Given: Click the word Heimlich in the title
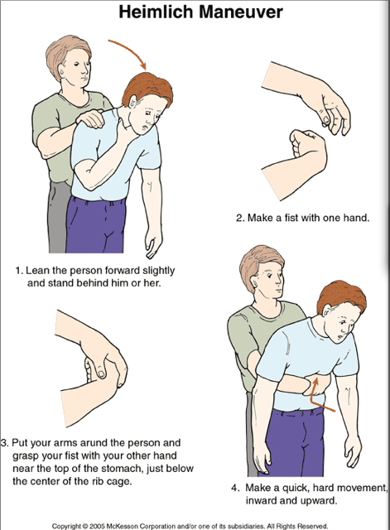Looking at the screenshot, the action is (156, 12).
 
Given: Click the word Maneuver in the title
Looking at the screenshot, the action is (241, 12).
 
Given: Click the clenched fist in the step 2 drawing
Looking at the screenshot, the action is (307, 146).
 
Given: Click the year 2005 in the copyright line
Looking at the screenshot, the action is (98, 526).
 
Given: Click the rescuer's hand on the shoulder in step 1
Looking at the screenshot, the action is (90, 118).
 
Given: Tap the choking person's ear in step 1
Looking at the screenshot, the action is (132, 101).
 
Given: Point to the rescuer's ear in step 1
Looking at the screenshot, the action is (60, 70).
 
